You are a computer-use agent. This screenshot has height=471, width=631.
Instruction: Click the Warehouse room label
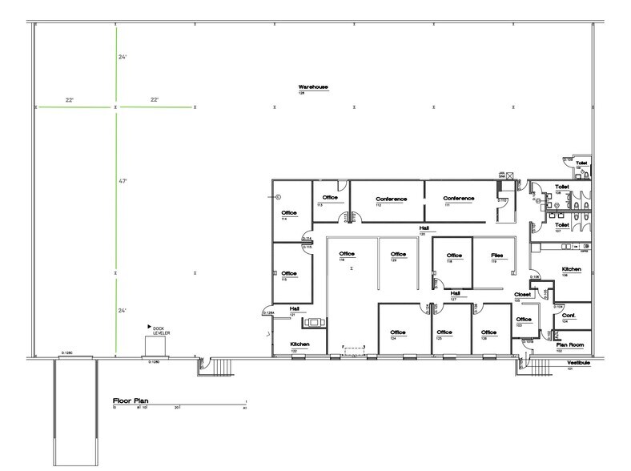click(313, 87)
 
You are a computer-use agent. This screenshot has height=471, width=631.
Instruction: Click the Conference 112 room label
click(391, 199)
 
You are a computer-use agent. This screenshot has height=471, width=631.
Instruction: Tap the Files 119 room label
click(497, 256)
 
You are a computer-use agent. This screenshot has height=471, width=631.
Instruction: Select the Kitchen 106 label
click(571, 269)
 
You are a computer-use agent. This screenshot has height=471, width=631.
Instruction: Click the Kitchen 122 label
click(299, 345)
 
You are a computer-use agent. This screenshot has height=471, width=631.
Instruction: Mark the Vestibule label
click(577, 363)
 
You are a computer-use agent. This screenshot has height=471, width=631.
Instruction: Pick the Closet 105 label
click(523, 295)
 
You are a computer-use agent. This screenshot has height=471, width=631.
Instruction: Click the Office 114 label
click(288, 213)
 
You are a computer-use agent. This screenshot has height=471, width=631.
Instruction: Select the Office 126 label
click(488, 332)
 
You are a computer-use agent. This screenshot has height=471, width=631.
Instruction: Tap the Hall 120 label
click(424, 228)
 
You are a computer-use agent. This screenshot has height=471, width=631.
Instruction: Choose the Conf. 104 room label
click(569, 315)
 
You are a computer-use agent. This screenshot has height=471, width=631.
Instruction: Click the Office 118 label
click(455, 256)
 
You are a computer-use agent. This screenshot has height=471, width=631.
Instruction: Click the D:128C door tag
click(67, 354)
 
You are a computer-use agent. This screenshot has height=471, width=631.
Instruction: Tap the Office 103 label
click(524, 320)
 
